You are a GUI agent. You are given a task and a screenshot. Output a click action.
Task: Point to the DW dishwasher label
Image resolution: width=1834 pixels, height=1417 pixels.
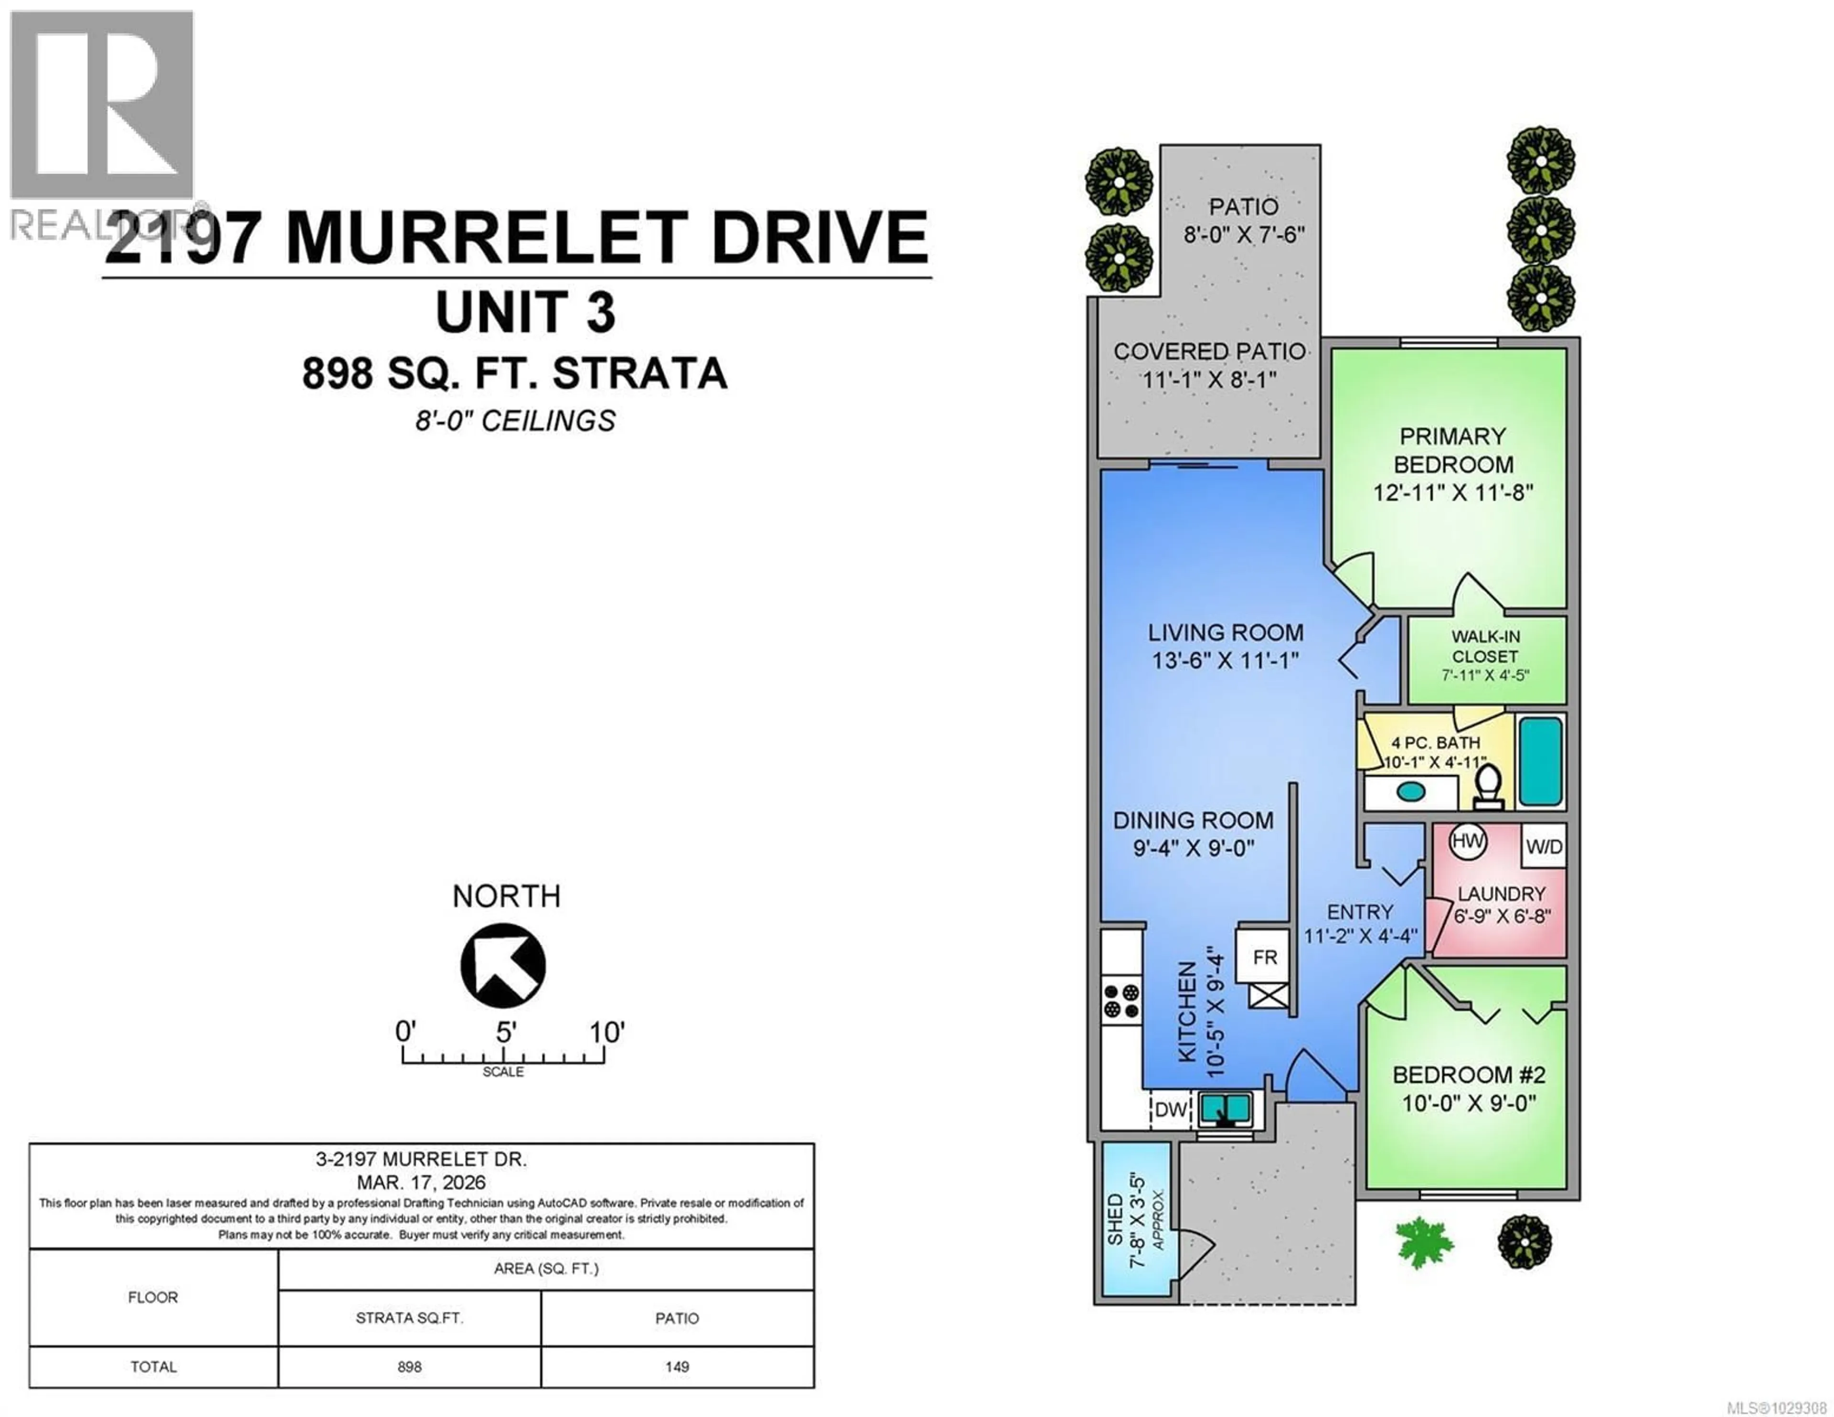(1171, 1109)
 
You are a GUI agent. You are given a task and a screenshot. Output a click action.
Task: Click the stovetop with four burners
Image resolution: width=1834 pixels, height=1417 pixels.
(1122, 1001)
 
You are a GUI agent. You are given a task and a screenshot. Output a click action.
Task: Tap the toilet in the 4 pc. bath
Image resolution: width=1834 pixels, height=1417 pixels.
(1489, 785)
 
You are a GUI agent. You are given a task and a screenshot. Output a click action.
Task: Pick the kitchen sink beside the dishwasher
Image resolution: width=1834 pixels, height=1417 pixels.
(1225, 1109)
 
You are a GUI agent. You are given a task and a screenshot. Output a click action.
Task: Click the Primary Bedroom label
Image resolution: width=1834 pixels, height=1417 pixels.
(1453, 450)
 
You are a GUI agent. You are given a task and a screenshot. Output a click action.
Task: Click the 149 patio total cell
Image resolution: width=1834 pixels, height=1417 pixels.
(677, 1366)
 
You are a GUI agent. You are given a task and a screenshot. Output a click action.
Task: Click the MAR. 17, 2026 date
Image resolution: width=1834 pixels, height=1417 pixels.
(421, 1183)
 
